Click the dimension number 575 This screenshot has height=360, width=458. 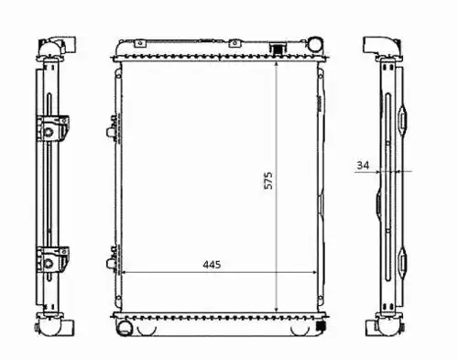268,180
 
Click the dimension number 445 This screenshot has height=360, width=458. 212,265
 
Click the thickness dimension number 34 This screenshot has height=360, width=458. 363,165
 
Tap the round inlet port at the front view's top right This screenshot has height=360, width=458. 314,44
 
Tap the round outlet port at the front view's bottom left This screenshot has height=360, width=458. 124,328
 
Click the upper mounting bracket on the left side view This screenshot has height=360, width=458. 52,129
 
